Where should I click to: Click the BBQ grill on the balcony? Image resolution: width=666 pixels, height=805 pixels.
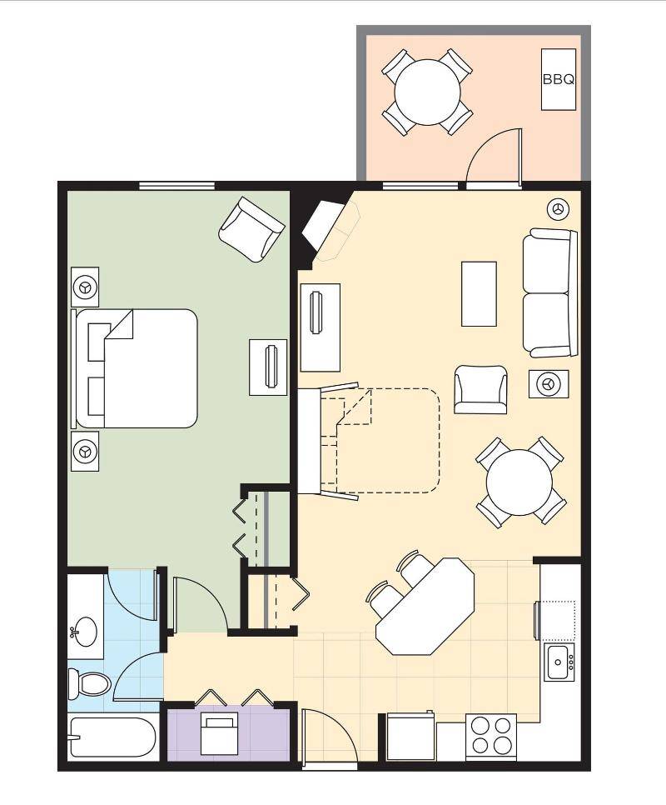pyautogui.click(x=559, y=79)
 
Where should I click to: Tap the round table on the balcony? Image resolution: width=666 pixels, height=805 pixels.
pyautogui.click(x=427, y=92)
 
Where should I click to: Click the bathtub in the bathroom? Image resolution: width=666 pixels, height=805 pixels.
pyautogui.click(x=112, y=737)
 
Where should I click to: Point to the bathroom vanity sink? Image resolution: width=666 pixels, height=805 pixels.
pyautogui.click(x=83, y=632)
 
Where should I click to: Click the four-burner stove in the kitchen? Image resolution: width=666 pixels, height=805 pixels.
pyautogui.click(x=491, y=736)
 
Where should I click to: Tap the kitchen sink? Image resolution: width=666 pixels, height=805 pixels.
pyautogui.click(x=559, y=662)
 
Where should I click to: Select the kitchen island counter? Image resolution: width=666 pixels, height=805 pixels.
pyautogui.click(x=425, y=607)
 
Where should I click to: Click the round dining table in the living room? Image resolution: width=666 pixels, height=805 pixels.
pyautogui.click(x=519, y=482)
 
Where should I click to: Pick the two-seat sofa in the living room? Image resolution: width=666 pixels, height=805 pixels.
pyautogui.click(x=550, y=293)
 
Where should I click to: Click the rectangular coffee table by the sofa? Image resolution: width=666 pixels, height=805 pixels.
pyautogui.click(x=479, y=293)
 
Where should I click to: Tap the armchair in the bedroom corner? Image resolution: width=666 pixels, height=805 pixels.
pyautogui.click(x=251, y=229)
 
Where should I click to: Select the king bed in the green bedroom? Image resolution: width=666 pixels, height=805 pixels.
pyautogui.click(x=136, y=368)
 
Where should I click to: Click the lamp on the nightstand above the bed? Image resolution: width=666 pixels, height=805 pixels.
pyautogui.click(x=85, y=287)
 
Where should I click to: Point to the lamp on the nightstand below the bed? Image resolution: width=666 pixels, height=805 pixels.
pyautogui.click(x=85, y=452)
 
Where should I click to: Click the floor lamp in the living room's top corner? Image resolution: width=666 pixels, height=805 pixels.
pyautogui.click(x=558, y=208)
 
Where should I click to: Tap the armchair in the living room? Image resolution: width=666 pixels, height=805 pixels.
pyautogui.click(x=480, y=389)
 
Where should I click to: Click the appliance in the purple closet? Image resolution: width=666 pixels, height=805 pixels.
pyautogui.click(x=219, y=733)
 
